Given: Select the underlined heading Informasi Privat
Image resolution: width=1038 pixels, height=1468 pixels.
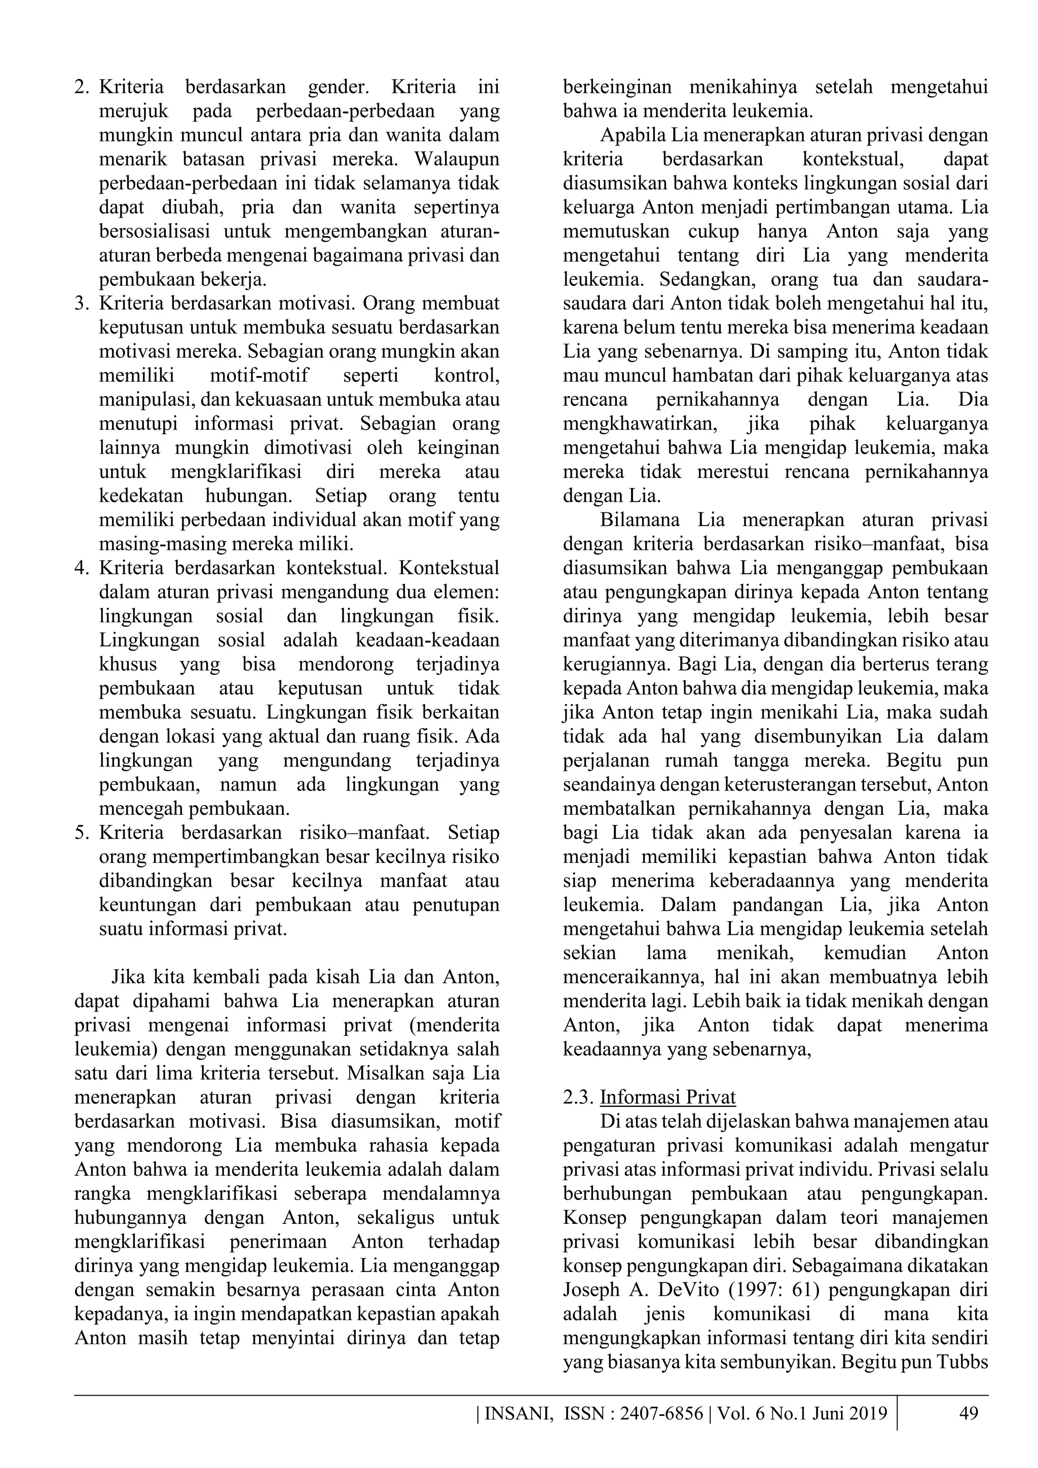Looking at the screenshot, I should pos(668,1097).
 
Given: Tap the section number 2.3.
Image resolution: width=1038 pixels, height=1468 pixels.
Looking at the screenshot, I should pos(578,1097).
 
